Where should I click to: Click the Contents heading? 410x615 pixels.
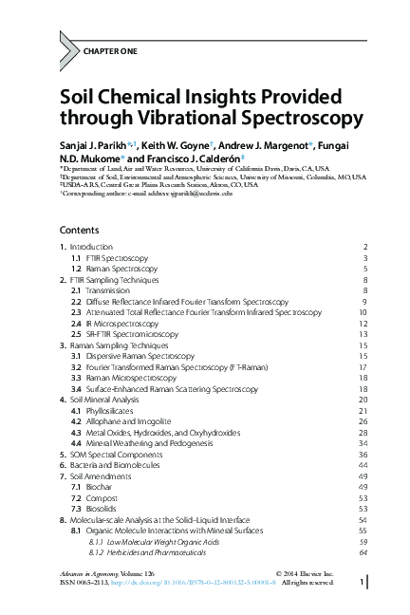coord(79,230)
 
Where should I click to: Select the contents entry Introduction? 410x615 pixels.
coord(91,247)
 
